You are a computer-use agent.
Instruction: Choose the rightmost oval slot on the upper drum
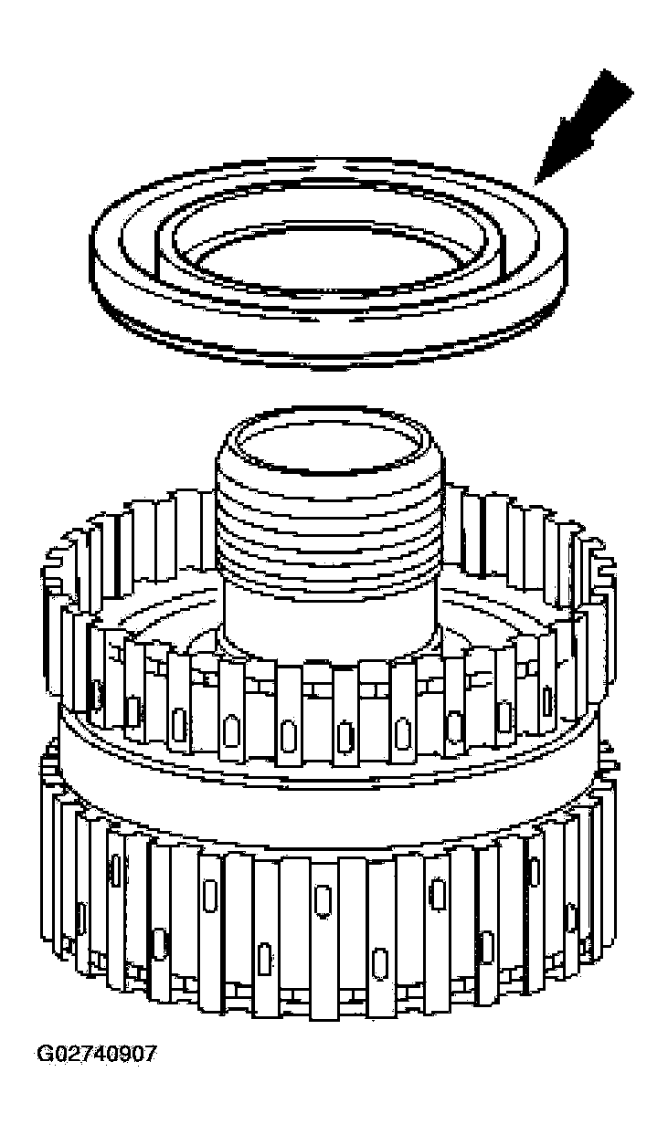[x=547, y=702]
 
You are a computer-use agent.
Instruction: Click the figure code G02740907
[x=96, y=1054]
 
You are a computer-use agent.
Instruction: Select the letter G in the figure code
[x=44, y=1054]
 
